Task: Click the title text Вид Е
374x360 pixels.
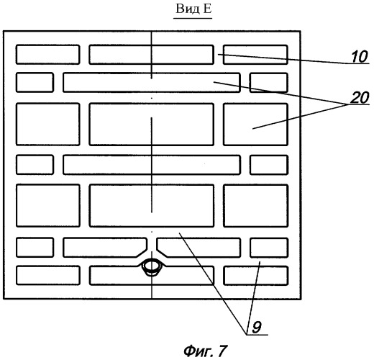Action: tap(193, 9)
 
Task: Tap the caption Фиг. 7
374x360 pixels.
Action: tap(205, 351)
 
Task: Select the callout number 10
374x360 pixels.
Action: tap(360, 57)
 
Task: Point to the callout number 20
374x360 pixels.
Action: tap(360, 98)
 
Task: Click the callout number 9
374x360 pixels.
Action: tap(257, 327)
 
